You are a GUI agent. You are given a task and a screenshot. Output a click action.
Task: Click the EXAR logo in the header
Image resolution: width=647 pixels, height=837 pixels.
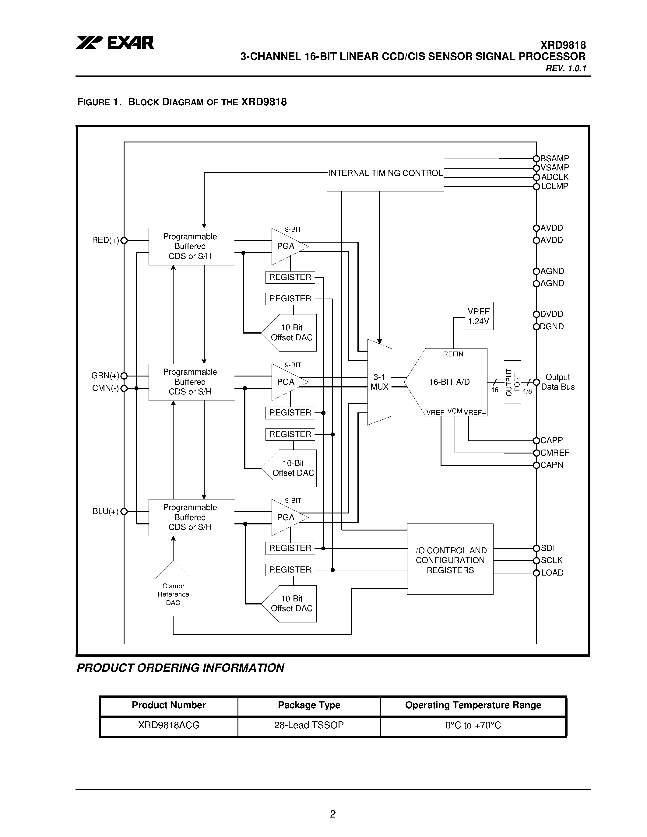click(115, 43)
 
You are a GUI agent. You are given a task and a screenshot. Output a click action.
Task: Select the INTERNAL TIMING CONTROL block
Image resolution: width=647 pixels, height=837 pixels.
click(385, 173)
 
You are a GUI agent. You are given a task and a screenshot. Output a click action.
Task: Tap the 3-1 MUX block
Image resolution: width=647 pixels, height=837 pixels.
click(379, 382)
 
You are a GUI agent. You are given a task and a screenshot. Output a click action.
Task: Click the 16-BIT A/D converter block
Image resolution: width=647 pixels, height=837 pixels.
click(449, 382)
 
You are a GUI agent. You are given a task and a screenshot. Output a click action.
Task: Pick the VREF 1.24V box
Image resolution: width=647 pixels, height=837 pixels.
click(478, 316)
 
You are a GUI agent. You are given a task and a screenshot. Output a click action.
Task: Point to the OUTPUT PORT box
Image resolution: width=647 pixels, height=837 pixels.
click(512, 382)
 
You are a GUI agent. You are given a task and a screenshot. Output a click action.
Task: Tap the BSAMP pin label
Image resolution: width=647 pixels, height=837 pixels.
click(555, 158)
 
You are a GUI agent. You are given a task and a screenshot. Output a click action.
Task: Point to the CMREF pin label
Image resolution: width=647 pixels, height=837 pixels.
click(555, 453)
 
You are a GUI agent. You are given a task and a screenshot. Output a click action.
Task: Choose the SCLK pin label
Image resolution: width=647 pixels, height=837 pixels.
click(552, 560)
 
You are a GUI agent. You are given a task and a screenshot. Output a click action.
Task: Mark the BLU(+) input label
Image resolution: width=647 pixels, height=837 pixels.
click(105, 512)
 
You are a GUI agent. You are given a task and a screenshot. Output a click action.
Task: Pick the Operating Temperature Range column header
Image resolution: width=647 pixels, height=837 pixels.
click(473, 705)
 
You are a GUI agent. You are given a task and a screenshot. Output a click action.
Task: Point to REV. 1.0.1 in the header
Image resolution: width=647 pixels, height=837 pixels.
click(566, 68)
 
